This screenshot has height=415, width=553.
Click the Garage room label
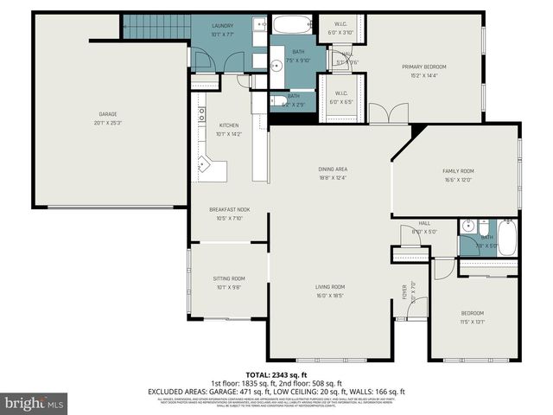coord(107,114)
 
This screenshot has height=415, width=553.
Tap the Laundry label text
coord(223,26)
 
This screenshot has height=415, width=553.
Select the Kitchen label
coord(229,125)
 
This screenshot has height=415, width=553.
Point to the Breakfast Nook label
coord(229,210)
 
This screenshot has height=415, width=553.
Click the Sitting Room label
coord(229,278)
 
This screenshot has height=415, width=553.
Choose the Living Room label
coord(331,286)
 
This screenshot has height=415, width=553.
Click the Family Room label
coord(458,171)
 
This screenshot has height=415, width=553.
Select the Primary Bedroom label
coord(423,67)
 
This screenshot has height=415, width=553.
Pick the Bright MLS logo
coord(35,403)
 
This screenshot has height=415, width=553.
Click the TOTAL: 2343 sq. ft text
coord(276,374)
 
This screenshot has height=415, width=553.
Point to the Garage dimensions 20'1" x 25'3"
coord(107,123)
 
